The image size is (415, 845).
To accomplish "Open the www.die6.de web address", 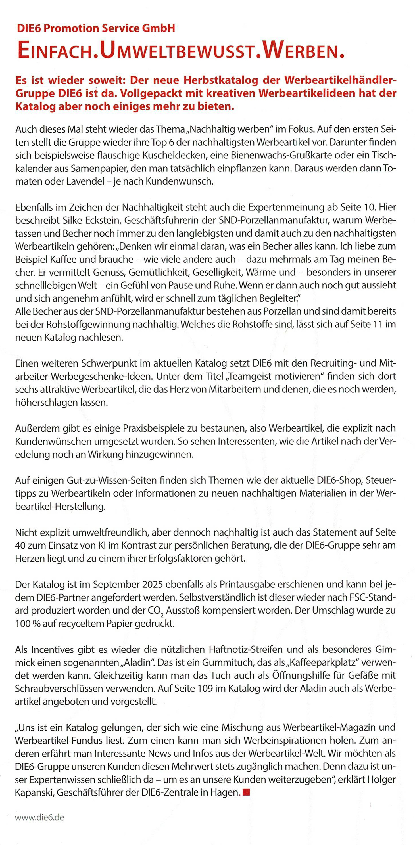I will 39,818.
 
